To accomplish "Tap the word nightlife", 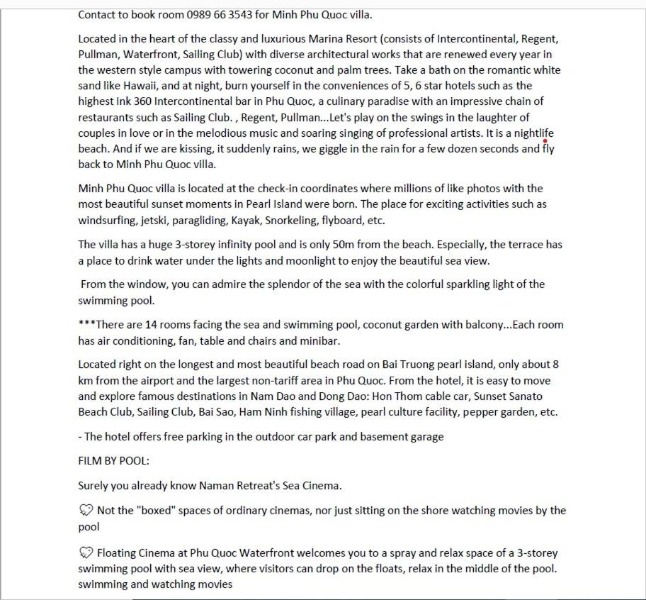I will coord(534,133).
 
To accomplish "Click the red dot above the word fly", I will coord(545,141).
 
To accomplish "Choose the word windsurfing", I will coord(107,221).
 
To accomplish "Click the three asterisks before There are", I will coord(86,325).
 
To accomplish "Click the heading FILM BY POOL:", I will coord(113,461).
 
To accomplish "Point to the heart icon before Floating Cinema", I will coord(86,552).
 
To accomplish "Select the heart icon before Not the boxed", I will coord(86,511).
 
